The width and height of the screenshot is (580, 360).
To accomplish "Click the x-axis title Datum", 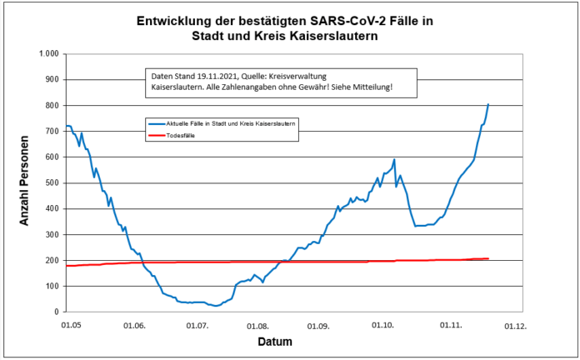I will point(275,341).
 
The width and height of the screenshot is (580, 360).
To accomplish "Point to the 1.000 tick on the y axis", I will point(47,54).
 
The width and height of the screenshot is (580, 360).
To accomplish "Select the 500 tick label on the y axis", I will point(51,182).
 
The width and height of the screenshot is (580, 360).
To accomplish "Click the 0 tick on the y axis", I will point(55,311).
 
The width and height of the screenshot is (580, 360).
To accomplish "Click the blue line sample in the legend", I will point(156,122).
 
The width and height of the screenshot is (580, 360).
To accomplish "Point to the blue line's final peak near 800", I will point(488,104).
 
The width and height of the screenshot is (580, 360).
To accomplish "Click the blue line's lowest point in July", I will point(217,306).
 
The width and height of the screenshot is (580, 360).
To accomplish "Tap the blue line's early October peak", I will point(394,159).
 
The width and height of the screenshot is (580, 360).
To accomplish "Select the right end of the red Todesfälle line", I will point(488,258).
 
